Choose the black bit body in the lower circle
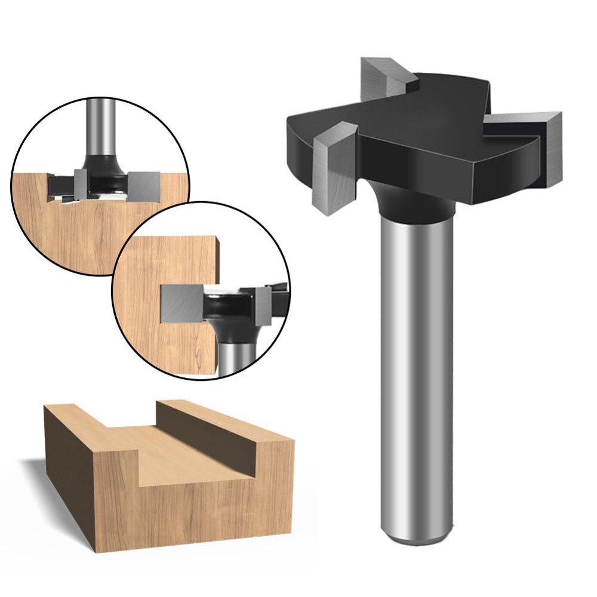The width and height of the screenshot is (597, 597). pos(227,310)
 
